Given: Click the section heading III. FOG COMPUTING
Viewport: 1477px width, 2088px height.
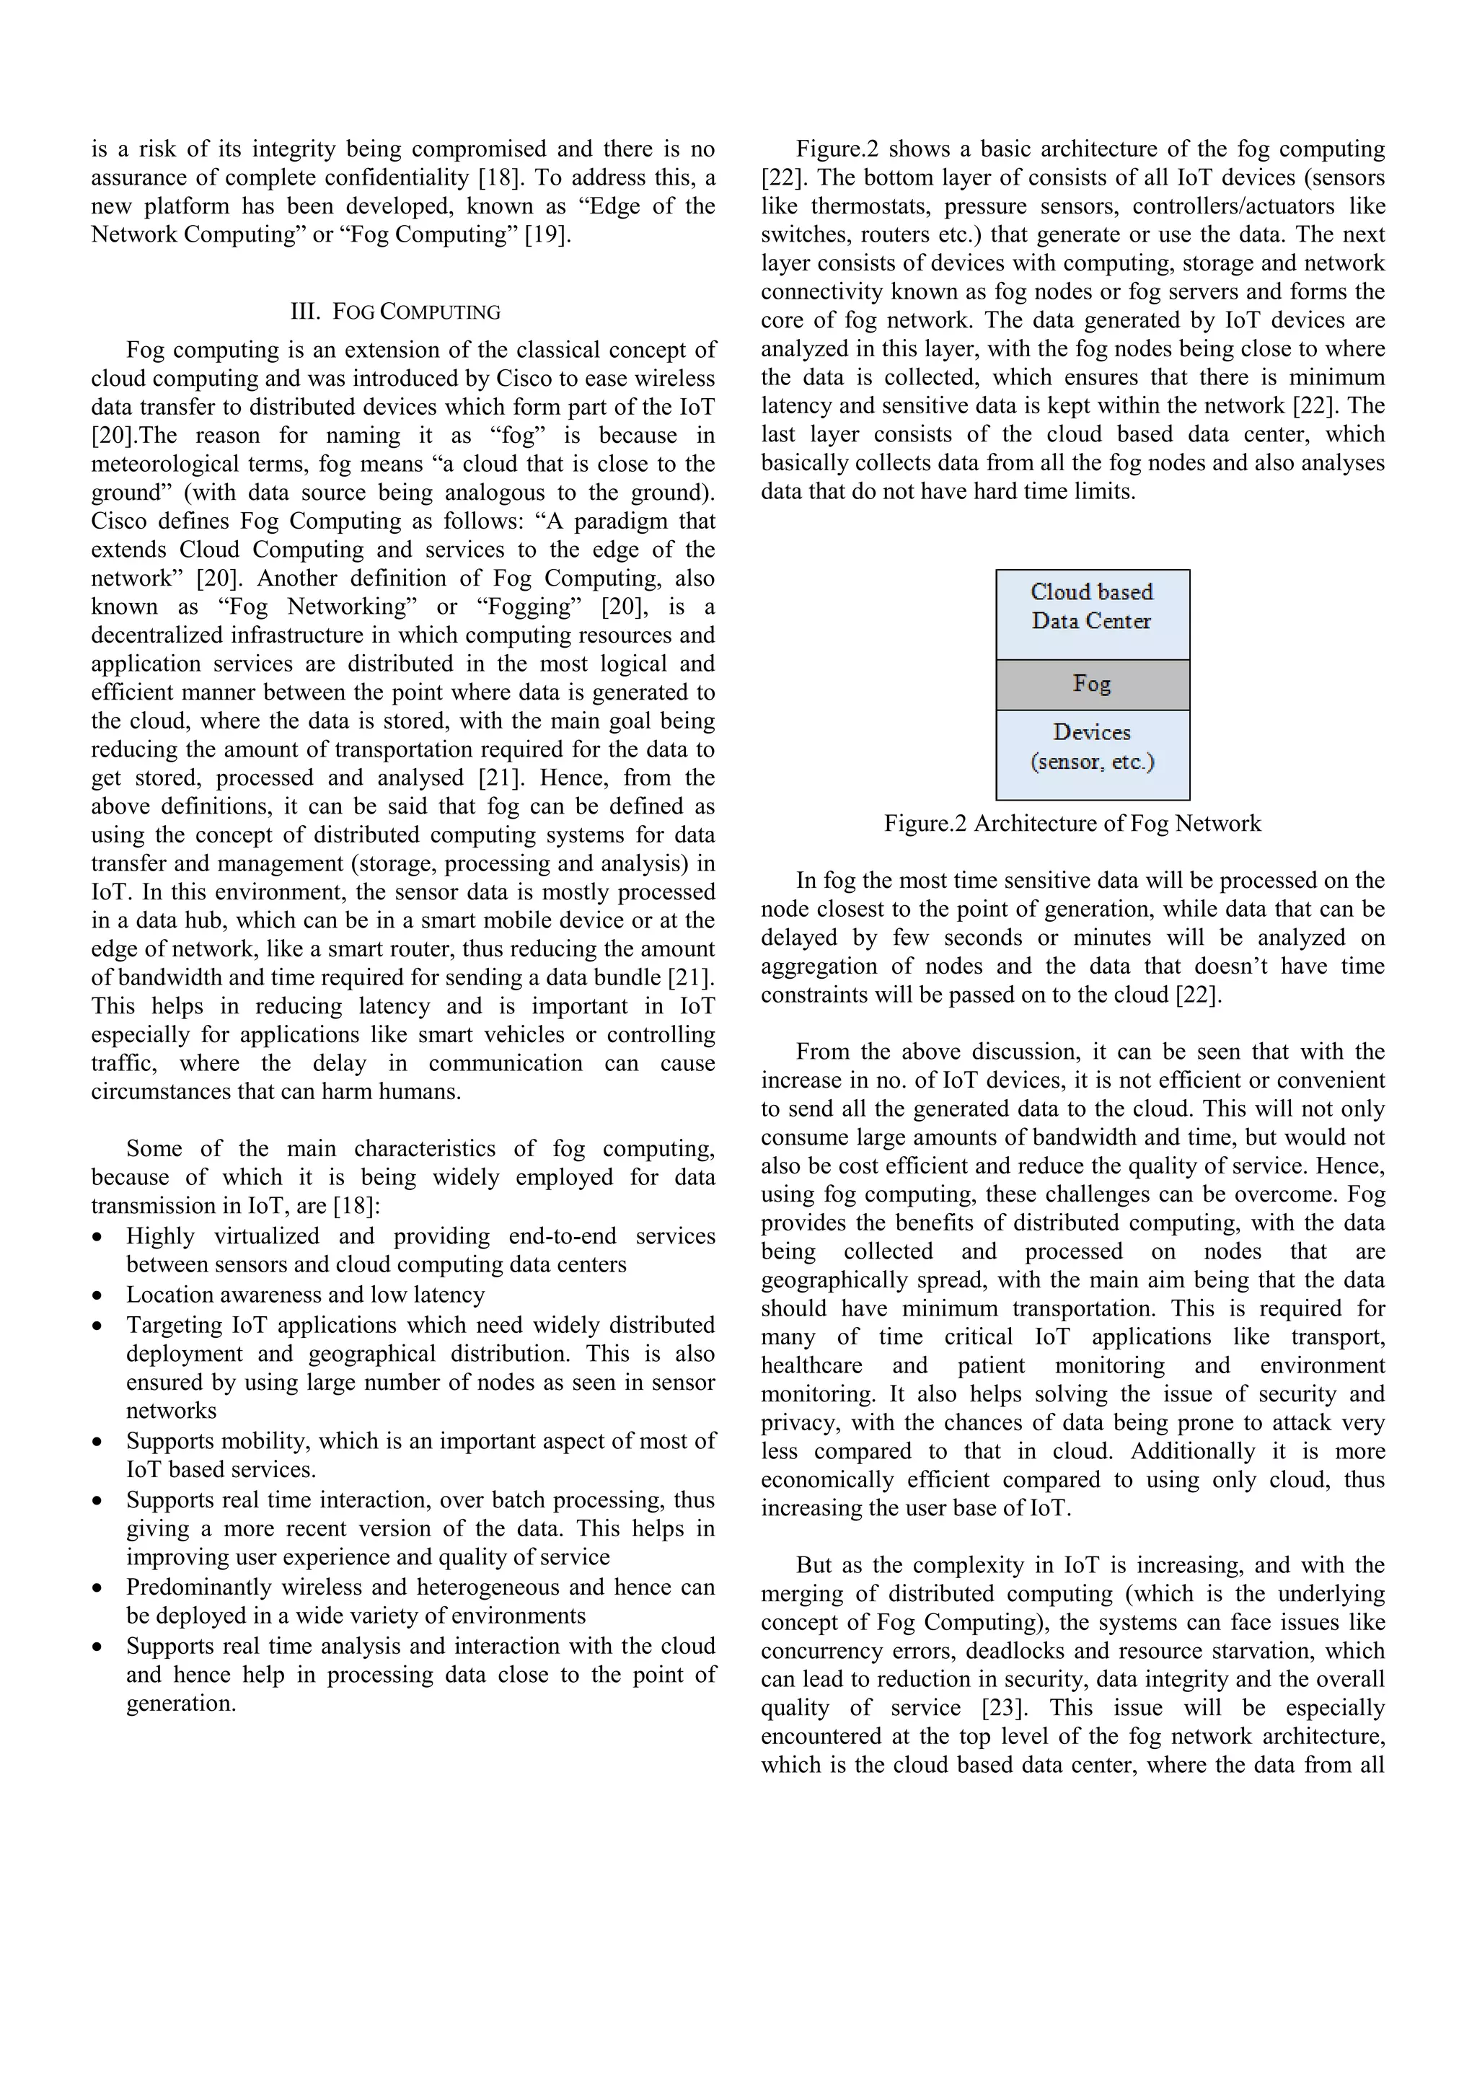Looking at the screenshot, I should (x=394, y=312).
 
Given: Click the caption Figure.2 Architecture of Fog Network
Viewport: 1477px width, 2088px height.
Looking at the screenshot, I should (x=1072, y=824).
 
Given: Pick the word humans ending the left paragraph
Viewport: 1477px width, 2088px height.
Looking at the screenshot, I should (x=425, y=1091).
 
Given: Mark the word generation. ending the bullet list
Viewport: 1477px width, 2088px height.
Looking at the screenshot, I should (x=181, y=1704).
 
